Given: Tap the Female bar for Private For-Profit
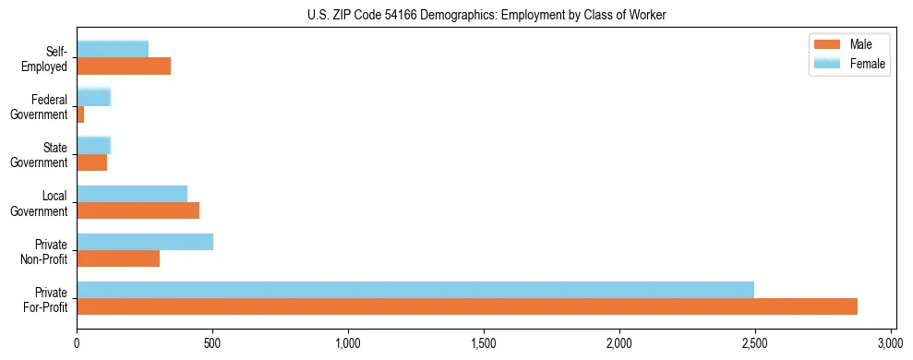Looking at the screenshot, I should click(x=415, y=290).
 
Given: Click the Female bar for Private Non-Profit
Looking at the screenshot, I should click(x=145, y=242).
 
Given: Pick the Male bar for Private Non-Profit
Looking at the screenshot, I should click(x=118, y=258).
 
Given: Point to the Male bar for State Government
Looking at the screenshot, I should click(x=91, y=162).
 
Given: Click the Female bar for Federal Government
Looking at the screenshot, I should click(x=93, y=97).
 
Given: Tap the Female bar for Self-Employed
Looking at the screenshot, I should click(x=113, y=49).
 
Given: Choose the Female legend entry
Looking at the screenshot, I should click(x=848, y=64).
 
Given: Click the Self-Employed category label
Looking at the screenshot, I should click(x=46, y=58).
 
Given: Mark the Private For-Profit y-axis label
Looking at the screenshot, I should click(x=45, y=299).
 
